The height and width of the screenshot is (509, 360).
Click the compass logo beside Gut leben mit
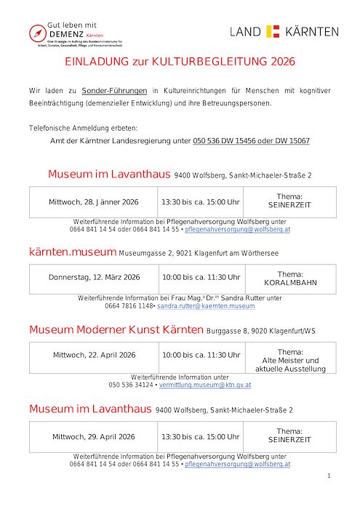pyautogui.click(x=36, y=33)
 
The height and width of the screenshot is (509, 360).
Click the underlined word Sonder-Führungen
pyautogui.click(x=113, y=91)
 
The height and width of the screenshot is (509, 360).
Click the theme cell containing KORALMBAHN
pyautogui.click(x=289, y=278)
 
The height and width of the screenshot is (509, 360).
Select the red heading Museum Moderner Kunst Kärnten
pyautogui.click(x=116, y=329)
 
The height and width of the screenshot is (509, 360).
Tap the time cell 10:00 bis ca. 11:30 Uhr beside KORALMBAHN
pyautogui.click(x=201, y=278)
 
